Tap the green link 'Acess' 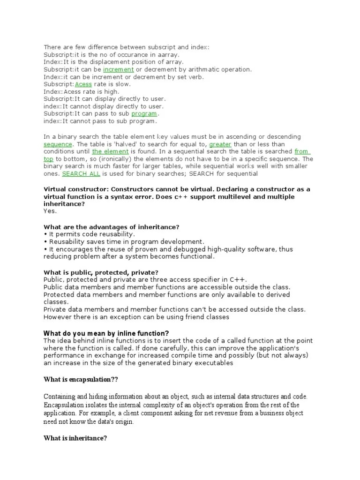(83, 84)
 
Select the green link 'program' (144, 114)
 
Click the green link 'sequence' (58, 144)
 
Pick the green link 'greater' (220, 144)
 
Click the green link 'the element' (110, 152)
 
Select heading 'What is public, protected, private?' (101, 272)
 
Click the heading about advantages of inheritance (112, 227)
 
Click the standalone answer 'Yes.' (50, 211)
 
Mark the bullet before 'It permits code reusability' (45, 234)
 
